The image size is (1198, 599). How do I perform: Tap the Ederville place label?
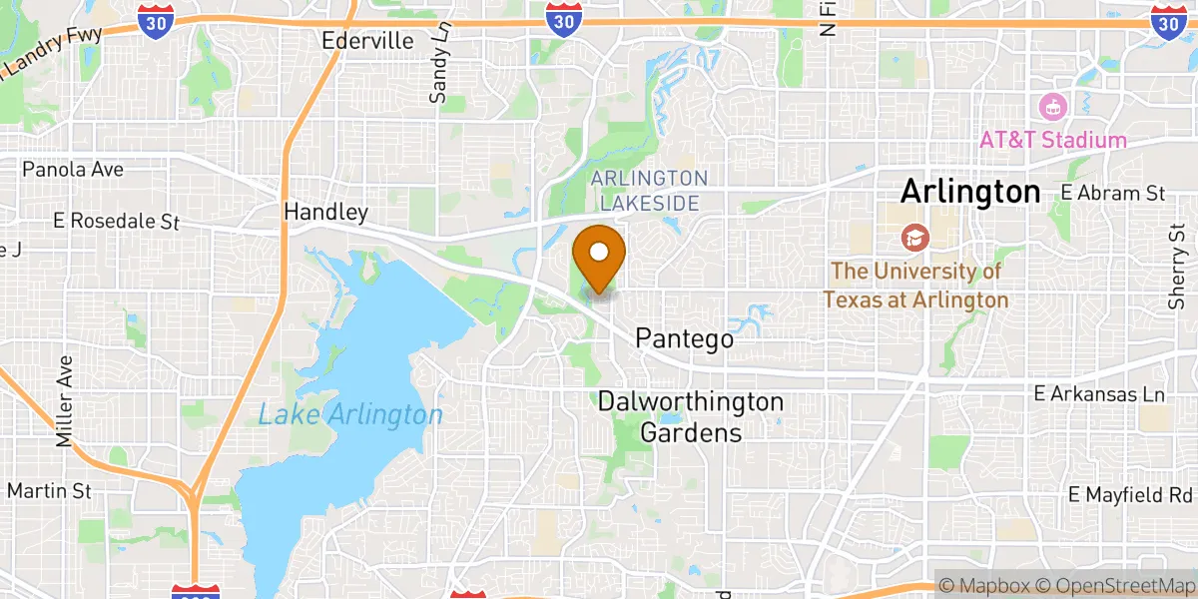[x=367, y=41]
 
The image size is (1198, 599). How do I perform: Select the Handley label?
[x=325, y=212]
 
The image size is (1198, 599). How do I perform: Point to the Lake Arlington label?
[x=349, y=414]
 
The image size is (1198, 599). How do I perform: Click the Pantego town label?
[x=684, y=339]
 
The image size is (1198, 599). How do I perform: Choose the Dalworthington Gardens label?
[x=691, y=417]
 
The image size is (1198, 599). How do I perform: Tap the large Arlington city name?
[x=970, y=192]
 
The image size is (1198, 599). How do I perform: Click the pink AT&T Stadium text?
[x=1053, y=140]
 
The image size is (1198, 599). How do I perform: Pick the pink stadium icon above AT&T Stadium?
[x=1052, y=105]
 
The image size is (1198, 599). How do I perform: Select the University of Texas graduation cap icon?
[x=912, y=238]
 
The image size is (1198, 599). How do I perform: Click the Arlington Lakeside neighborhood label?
[x=649, y=190]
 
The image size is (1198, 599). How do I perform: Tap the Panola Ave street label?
[x=73, y=169]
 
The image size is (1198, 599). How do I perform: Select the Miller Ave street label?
[x=66, y=400]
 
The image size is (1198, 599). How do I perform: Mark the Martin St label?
[x=49, y=490]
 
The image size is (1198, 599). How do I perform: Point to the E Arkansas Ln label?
[x=1100, y=394]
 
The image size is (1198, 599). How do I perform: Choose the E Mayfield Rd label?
[x=1130, y=494]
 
